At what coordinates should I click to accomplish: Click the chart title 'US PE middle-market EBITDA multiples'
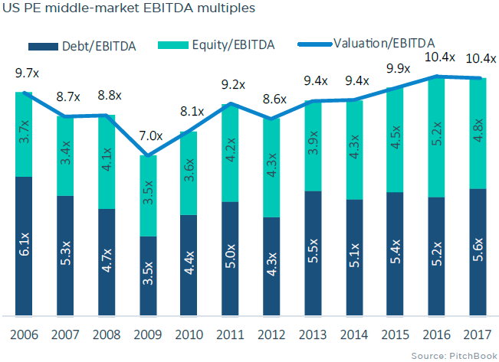(x=129, y=9)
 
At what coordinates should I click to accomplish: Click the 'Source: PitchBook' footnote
(x=453, y=356)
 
